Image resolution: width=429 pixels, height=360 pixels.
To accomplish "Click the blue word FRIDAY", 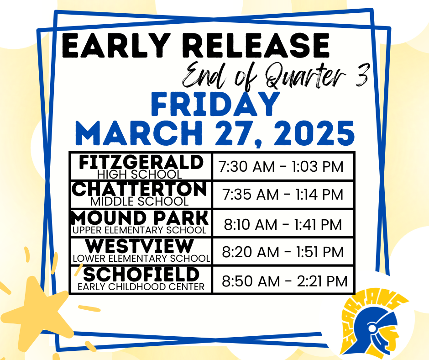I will point(215,105).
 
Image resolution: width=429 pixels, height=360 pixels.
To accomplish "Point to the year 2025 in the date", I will point(308,134).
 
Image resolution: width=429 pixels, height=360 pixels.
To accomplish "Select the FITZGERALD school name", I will point(141,162).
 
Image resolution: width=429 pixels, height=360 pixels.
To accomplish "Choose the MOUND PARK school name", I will point(141,217).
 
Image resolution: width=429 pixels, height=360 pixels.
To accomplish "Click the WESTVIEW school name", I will point(141,246).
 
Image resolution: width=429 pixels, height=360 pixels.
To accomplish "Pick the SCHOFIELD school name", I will point(141,275).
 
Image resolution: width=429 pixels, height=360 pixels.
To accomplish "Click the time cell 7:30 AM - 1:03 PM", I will point(281,167).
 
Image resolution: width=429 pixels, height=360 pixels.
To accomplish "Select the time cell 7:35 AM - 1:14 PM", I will point(283,195).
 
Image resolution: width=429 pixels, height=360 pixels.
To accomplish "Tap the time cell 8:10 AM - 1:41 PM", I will point(283,224).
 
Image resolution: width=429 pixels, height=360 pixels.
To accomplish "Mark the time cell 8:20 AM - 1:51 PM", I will point(283,252).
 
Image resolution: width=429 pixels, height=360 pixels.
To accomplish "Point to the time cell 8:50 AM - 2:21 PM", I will point(284,281).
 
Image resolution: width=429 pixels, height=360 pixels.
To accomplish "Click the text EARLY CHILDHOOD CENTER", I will point(141,287).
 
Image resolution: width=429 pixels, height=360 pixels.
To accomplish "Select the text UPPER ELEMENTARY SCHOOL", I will point(140,230).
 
